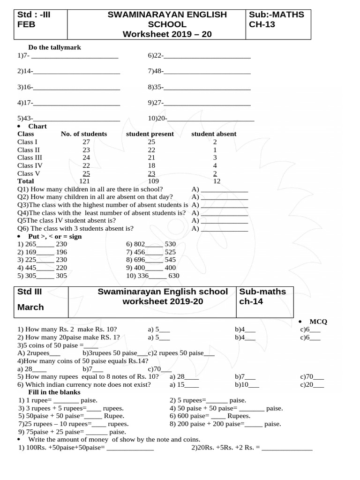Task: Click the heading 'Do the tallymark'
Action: (48, 47)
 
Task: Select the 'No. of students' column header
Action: (84, 134)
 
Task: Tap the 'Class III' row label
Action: (30, 157)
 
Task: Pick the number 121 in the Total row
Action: (84, 181)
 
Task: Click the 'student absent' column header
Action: (214, 134)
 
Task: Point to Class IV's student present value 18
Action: (151, 165)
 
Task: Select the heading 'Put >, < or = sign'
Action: (55, 236)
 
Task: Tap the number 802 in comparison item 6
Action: (140, 244)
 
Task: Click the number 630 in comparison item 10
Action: (173, 276)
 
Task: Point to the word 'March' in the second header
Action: (30, 307)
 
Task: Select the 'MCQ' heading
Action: (318, 322)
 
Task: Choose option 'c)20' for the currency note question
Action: (312, 384)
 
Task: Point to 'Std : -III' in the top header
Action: (34, 15)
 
